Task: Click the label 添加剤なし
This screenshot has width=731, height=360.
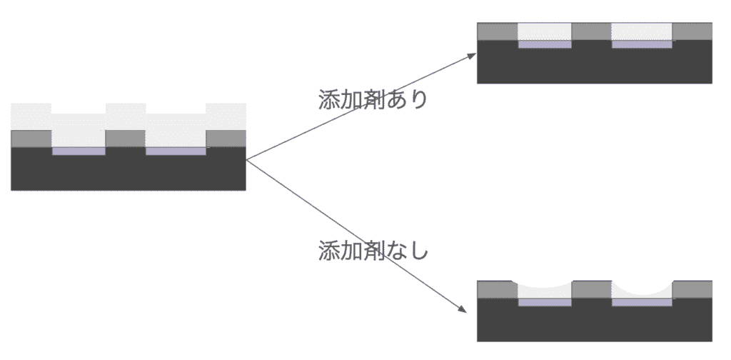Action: click(x=373, y=251)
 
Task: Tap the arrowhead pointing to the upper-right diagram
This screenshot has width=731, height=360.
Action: click(x=471, y=54)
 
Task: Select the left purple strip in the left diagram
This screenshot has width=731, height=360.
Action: click(x=79, y=151)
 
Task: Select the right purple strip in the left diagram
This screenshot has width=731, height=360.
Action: click(x=176, y=151)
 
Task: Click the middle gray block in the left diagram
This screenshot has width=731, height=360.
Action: click(x=126, y=139)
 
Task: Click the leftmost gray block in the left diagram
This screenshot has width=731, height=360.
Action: click(x=31, y=139)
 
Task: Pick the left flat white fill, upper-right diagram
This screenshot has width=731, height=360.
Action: click(x=545, y=31)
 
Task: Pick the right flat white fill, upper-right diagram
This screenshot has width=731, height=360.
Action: click(x=642, y=31)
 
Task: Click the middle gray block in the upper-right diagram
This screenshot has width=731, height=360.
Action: click(x=592, y=31)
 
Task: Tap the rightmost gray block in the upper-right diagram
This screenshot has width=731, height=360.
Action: click(x=692, y=31)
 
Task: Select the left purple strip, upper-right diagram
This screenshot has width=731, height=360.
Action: click(x=545, y=44)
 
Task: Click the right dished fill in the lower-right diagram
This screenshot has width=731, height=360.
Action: click(x=642, y=294)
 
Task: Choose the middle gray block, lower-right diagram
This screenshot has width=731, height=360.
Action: click(x=592, y=289)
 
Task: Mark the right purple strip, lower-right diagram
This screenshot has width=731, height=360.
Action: click(x=642, y=302)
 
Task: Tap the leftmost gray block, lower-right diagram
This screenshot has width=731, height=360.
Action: click(x=496, y=289)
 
